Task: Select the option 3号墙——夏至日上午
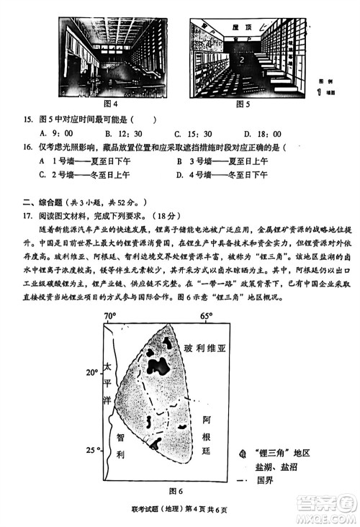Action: click(219, 161)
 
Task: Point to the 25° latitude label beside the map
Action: click(91, 450)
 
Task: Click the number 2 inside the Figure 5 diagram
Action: click(243, 60)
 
